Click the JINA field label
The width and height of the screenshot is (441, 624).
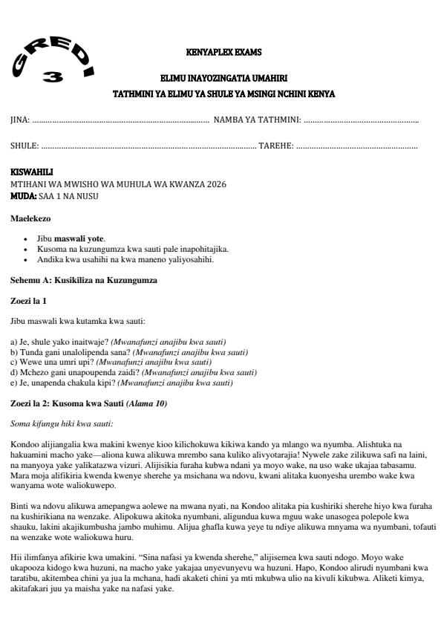19,120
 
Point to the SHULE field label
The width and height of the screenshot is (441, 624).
23,146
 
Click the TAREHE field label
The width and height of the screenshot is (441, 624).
275,146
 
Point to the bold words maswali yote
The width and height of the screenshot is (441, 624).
81,238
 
